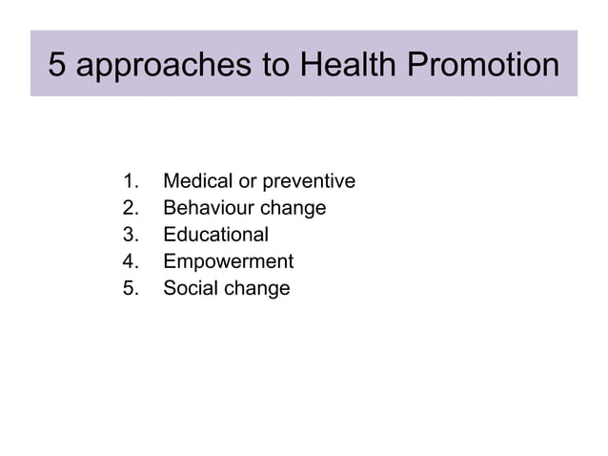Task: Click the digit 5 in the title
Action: point(59,65)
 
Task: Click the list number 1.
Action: point(132,181)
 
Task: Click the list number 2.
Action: point(132,208)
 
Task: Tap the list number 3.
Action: point(132,235)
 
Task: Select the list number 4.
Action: point(132,261)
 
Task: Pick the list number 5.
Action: point(132,288)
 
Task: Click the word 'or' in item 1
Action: point(247,181)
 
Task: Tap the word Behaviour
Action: point(204,208)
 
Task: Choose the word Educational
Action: point(215,235)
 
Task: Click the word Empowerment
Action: point(228,262)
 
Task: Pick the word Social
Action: point(190,288)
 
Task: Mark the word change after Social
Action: point(255,289)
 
